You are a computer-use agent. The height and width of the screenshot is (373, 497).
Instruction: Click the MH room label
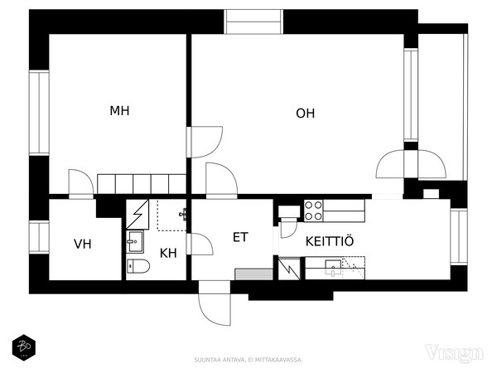(119, 110)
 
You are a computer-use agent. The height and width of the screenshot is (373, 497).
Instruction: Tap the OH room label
(305, 114)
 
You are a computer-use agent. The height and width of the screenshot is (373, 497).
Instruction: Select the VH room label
(82, 244)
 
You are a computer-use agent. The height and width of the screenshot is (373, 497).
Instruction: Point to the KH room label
(168, 253)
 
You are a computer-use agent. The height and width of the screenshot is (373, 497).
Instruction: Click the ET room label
(240, 237)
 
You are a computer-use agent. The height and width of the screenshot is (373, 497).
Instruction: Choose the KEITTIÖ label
(330, 241)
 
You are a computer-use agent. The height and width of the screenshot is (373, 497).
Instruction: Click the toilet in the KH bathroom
(138, 266)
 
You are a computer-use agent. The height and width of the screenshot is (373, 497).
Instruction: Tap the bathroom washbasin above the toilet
(135, 243)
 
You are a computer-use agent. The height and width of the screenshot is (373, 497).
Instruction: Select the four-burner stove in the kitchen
(313, 211)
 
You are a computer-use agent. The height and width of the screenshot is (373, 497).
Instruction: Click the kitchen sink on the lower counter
(333, 267)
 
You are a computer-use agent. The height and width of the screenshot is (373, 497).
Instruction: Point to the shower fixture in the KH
(182, 215)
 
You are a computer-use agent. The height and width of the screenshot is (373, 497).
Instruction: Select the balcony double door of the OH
(411, 163)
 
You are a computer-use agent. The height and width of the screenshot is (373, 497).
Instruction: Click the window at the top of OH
(254, 22)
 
